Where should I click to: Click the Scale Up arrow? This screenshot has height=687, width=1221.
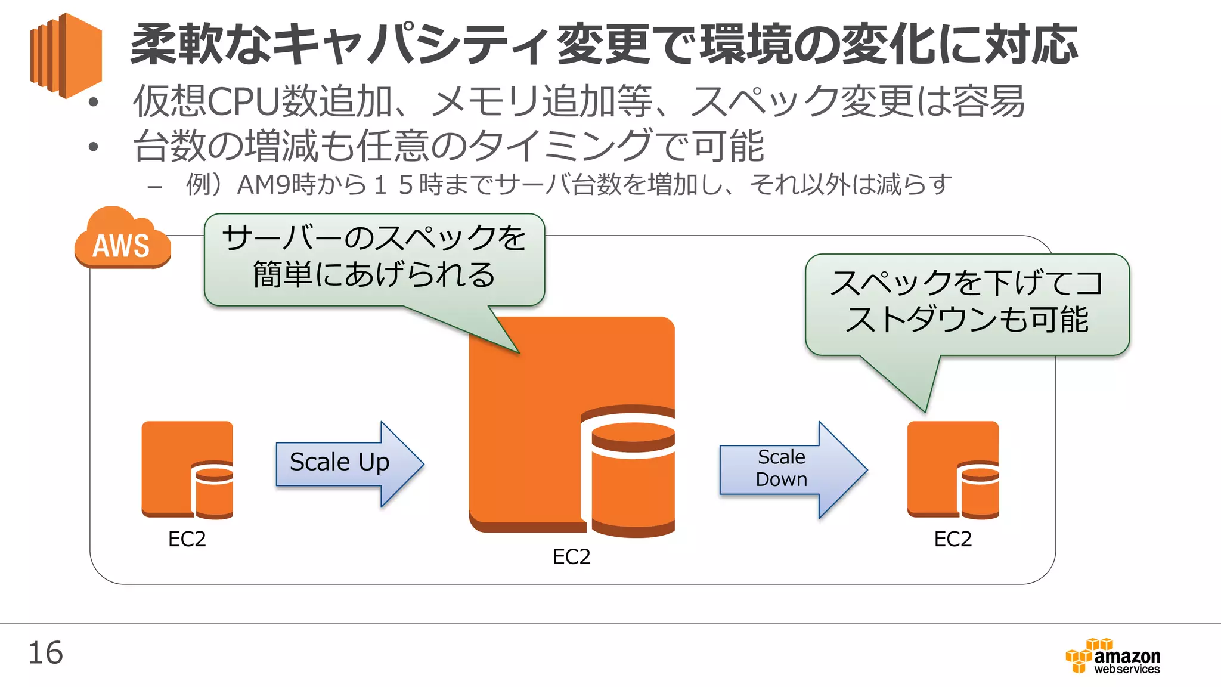coord(349,463)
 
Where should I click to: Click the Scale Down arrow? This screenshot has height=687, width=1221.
coord(792,469)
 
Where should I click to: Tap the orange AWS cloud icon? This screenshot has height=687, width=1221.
coord(122,240)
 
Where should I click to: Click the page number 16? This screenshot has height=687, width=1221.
coord(45,653)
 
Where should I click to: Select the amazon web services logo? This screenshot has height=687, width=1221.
coord(1113,657)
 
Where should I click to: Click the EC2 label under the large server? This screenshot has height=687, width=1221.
coord(571,557)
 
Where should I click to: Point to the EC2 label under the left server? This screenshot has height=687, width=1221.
coord(187,539)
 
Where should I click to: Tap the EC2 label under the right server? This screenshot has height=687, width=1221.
coord(953,539)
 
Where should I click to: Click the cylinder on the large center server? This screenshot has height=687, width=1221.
coord(632,477)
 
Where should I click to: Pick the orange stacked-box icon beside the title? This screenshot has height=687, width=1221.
coord(66,55)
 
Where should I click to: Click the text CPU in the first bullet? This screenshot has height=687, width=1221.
coord(243,101)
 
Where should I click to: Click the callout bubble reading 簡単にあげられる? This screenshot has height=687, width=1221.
coord(374,260)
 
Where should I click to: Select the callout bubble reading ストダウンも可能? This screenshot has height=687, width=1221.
coord(967,304)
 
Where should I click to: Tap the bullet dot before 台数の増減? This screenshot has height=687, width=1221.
coord(93,147)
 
